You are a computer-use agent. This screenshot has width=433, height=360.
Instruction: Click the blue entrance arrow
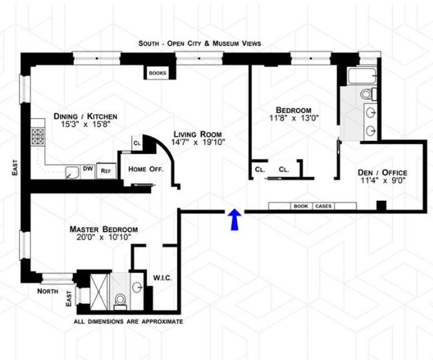tap(235, 220)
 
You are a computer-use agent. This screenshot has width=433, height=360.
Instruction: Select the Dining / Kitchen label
tap(86, 116)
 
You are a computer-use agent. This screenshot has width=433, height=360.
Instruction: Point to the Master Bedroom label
tap(104, 229)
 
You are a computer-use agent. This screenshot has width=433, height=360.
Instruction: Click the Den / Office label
tap(382, 172)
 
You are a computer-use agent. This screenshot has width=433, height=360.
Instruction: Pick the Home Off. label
tap(145, 169)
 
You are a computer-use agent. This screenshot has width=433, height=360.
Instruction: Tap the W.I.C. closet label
tap(162, 277)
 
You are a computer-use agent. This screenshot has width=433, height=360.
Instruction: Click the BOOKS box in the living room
tap(158, 73)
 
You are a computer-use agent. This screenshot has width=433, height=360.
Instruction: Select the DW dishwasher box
tap(88, 168)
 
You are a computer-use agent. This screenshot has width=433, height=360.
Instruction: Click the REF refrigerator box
tap(106, 169)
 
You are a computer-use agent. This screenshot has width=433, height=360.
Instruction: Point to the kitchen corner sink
tap(72, 172)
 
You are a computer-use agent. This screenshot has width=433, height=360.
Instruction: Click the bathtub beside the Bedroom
tap(361, 78)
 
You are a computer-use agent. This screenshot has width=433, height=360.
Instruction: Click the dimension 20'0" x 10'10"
tap(104, 238)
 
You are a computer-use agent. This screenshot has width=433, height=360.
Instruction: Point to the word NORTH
tap(47, 291)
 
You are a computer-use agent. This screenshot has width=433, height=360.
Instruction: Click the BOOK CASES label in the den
tap(313, 206)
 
